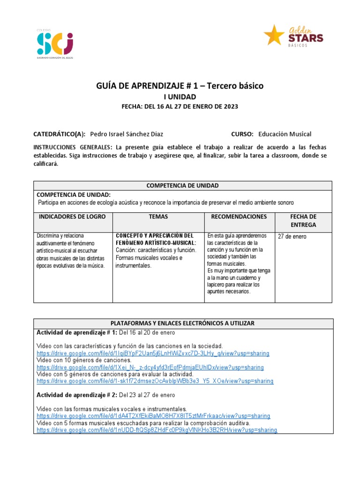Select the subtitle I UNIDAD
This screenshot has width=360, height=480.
[x=180, y=97]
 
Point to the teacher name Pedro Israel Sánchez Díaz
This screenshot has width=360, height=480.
[x=127, y=134]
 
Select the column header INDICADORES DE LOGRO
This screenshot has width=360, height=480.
[x=72, y=217]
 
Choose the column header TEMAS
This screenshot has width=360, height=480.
[x=158, y=217]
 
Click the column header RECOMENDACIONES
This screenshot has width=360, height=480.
[x=239, y=217]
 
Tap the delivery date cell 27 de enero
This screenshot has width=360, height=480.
[x=292, y=236]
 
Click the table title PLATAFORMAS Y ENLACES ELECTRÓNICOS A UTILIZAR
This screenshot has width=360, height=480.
[x=182, y=323]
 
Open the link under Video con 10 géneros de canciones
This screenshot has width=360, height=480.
[x=150, y=367]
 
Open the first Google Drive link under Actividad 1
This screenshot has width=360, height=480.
[x=153, y=353]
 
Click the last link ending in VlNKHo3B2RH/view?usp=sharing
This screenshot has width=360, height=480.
[x=157, y=430]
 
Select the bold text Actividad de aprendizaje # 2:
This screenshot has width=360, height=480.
[x=77, y=394]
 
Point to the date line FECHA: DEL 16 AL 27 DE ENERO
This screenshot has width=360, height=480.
[x=180, y=106]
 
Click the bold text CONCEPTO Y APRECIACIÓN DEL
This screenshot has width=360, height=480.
[x=154, y=235]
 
